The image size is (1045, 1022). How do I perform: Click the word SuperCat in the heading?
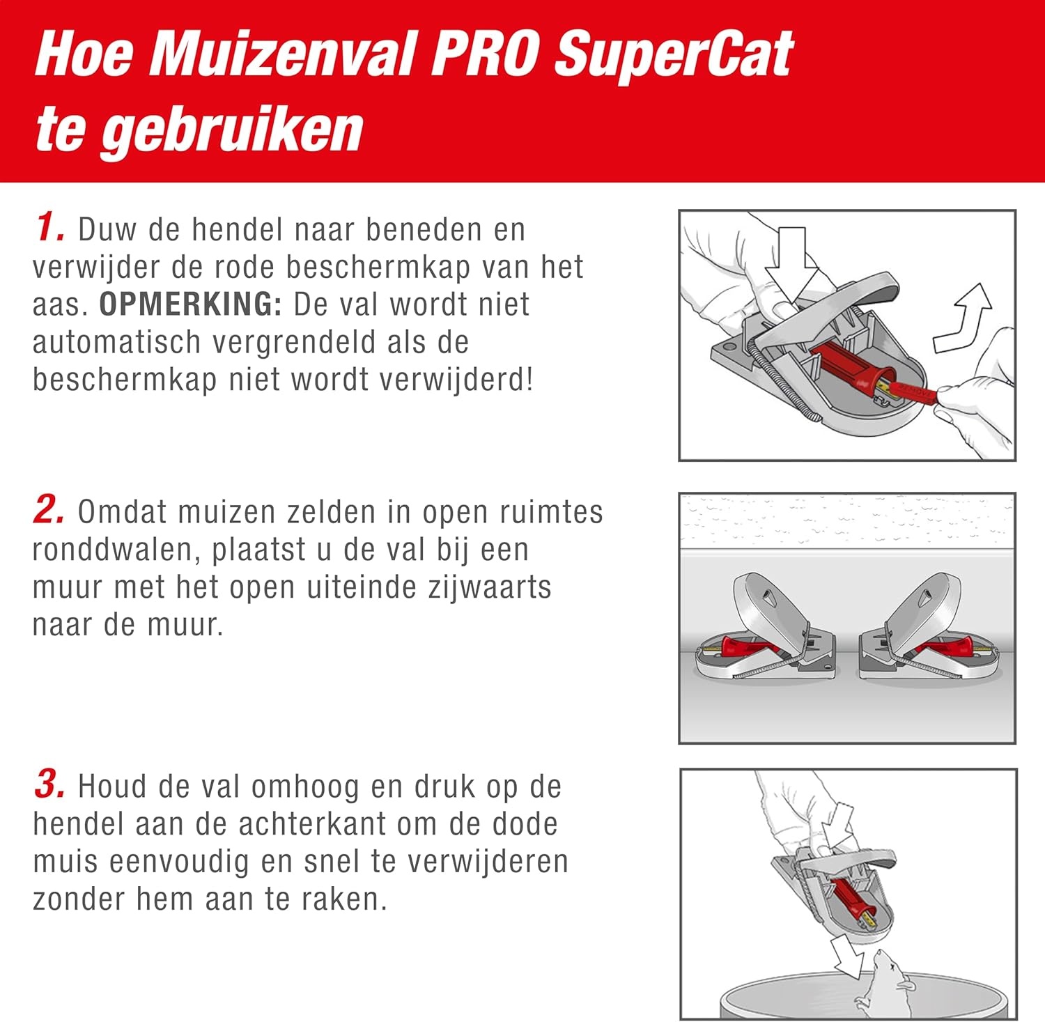click(673, 55)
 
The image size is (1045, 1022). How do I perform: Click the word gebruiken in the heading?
click(232, 130)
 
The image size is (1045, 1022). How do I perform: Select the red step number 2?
click(49, 510)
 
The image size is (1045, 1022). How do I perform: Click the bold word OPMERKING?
click(189, 304)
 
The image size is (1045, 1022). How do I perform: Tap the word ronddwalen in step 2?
click(116, 550)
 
